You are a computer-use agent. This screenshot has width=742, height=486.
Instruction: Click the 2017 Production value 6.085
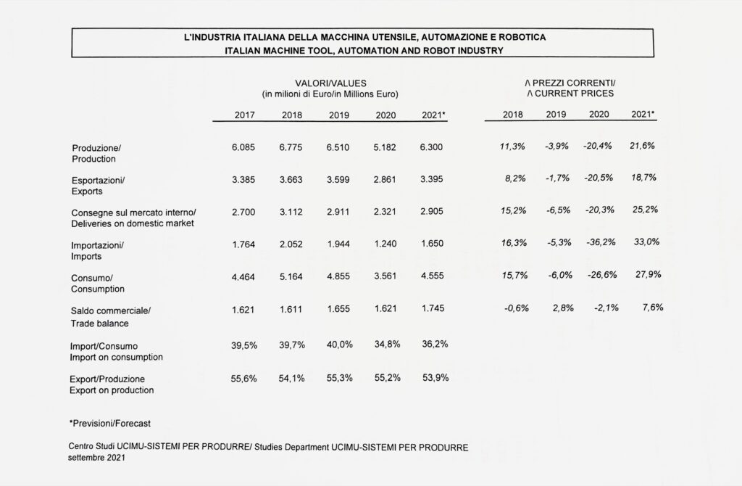click(x=243, y=147)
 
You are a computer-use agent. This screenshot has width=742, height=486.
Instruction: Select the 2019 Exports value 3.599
click(x=338, y=179)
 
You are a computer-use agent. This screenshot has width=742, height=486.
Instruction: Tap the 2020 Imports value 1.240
click(x=385, y=244)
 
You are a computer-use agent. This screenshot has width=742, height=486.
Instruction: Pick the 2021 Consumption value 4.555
click(x=433, y=276)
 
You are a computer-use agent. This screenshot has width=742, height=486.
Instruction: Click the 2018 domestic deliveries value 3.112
click(x=291, y=212)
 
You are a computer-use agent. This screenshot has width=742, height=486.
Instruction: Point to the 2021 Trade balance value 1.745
click(x=433, y=308)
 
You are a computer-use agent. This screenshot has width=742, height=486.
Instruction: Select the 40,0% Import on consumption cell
click(x=339, y=345)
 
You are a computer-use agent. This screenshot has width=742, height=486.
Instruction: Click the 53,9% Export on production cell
click(x=435, y=378)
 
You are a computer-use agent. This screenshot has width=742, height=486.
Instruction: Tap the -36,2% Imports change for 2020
click(x=601, y=242)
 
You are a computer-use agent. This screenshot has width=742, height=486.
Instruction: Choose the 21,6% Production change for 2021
click(x=642, y=146)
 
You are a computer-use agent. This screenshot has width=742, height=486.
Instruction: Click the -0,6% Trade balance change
click(x=516, y=308)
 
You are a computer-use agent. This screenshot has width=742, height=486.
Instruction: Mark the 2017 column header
click(x=245, y=115)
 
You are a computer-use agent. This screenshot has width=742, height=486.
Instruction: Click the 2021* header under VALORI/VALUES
click(x=433, y=115)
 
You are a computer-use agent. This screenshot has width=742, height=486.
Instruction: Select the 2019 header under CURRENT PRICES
click(x=556, y=114)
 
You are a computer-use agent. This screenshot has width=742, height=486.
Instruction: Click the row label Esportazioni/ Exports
click(x=98, y=186)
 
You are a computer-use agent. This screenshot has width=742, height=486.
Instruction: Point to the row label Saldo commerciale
click(x=111, y=310)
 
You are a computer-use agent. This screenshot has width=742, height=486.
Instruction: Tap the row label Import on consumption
click(x=116, y=357)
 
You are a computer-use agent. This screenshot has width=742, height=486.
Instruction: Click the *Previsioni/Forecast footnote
click(x=110, y=424)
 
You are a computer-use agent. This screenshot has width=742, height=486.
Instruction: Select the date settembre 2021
click(x=96, y=458)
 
